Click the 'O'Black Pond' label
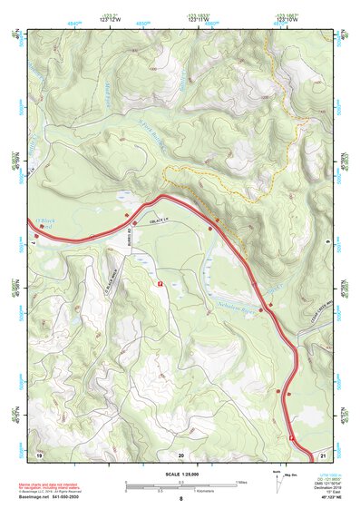click(x=45, y=222)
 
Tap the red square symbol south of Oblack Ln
click(x=160, y=284)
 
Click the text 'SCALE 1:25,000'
click(x=180, y=474)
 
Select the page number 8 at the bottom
click(x=180, y=499)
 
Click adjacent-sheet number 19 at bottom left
click(x=39, y=454)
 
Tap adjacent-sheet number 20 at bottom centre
click(x=180, y=454)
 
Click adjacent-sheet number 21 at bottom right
click(x=323, y=454)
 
